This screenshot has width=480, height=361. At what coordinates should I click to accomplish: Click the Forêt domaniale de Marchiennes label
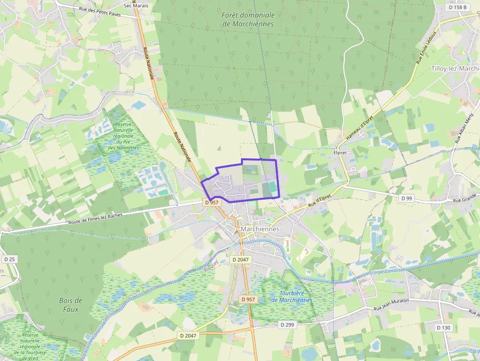click(248, 20)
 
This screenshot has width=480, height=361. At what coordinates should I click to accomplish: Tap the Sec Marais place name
click(136, 5)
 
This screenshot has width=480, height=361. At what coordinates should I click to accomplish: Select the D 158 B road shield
click(457, 7)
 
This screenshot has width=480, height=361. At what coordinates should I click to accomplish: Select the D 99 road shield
click(407, 198)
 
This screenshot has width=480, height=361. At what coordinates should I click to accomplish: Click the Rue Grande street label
click(465, 200)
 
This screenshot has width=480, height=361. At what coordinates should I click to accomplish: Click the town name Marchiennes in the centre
click(260, 229)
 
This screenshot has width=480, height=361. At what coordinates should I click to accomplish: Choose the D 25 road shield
click(9, 259)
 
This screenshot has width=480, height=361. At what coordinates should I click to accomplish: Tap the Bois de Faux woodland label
click(71, 305)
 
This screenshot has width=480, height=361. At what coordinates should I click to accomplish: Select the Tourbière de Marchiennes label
click(292, 297)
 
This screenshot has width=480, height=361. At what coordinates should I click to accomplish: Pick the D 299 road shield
click(288, 324)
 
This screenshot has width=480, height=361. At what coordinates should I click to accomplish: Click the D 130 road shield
click(444, 327)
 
